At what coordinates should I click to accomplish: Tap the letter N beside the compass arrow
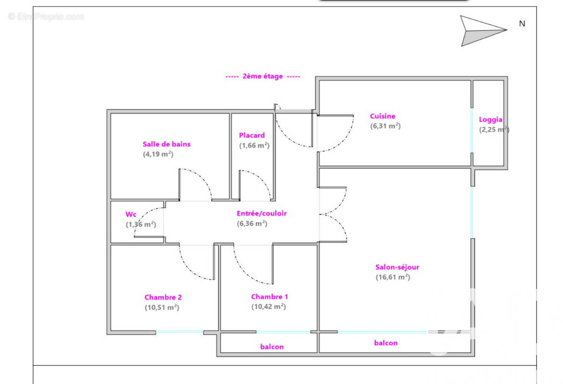(x=522, y=24)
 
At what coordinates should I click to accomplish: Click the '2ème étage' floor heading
(x=263, y=76)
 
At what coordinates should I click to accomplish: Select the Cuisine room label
(x=383, y=116)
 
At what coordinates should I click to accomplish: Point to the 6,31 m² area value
(x=385, y=126)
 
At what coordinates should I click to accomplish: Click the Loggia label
(x=491, y=120)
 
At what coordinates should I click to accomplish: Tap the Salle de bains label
(x=167, y=144)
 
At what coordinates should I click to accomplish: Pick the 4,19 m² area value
(x=158, y=155)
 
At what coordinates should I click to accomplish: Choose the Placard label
(x=252, y=135)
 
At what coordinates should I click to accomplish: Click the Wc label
(x=131, y=214)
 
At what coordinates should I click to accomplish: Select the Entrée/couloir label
(x=262, y=213)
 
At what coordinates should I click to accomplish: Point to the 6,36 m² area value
(x=252, y=223)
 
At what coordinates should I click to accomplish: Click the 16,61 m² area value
(x=393, y=277)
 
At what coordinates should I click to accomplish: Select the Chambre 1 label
(x=269, y=297)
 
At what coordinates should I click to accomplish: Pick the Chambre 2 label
(x=163, y=298)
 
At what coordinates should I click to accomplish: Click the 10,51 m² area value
(x=162, y=308)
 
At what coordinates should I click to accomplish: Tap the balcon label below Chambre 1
(x=272, y=347)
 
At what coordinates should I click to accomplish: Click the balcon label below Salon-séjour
(x=385, y=343)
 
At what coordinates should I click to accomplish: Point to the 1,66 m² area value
(x=254, y=145)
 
